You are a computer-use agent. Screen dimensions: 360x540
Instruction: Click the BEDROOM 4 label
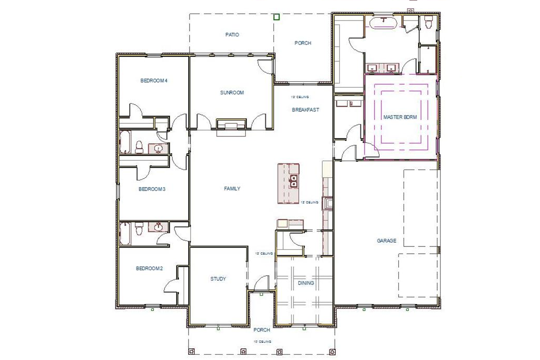coord(154,81)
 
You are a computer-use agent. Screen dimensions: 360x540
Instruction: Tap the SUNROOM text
coord(231,92)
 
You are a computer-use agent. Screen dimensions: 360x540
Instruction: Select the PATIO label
coord(232,35)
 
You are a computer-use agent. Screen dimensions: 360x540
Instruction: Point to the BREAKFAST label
coord(306,110)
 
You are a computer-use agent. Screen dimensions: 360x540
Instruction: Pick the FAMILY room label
coord(232,189)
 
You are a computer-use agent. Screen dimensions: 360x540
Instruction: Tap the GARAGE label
coord(386,241)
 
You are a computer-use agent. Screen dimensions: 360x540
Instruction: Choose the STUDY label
coord(218,279)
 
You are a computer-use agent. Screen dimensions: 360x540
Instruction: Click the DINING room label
coord(306,283)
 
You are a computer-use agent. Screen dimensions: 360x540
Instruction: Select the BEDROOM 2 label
coord(149,268)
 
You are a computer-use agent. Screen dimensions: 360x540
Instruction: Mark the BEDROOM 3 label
coord(152,189)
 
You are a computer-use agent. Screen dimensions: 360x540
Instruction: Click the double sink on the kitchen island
coord(294,181)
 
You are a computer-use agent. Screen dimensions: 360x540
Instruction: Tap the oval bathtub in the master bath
coord(384,22)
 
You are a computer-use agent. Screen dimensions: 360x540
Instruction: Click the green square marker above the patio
coord(276,17)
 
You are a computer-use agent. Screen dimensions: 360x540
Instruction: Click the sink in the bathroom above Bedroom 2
coord(158,227)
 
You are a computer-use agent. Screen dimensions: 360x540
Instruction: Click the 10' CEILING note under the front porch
coord(262,341)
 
